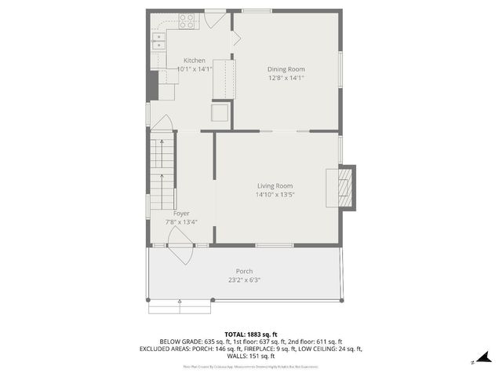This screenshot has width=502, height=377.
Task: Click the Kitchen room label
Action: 195,60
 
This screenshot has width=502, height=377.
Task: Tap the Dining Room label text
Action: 286,69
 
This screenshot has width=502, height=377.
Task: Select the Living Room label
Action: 275,185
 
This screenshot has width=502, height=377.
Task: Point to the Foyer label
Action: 181,213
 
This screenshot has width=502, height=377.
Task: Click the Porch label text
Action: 244,271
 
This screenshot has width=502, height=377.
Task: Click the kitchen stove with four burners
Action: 187,20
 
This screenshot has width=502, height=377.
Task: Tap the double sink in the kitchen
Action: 158,40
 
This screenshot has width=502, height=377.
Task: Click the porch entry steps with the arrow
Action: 180,305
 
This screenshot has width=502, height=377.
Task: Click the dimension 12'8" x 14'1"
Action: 286,78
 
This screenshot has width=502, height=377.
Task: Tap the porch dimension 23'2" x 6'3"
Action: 244,280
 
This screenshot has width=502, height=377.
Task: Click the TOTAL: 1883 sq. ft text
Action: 251,333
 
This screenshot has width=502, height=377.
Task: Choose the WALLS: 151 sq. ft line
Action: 251,357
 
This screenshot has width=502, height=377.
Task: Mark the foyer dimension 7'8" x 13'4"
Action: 181,221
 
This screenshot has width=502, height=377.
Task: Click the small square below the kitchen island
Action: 220,114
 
